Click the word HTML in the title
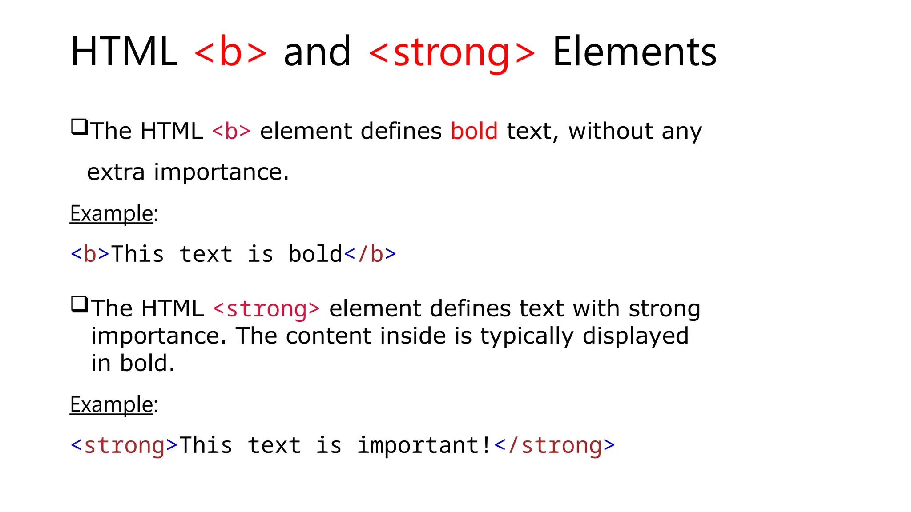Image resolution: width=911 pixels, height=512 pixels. pyautogui.click(x=124, y=52)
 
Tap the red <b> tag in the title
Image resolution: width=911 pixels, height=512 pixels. pyautogui.click(x=230, y=52)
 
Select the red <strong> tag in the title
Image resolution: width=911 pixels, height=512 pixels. pyautogui.click(x=452, y=52)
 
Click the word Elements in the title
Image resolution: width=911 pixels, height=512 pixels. pyautogui.click(x=634, y=52)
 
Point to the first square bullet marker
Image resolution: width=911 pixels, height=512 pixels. pyautogui.click(x=79, y=127)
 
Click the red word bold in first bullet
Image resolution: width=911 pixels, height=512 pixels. pyautogui.click(x=474, y=131)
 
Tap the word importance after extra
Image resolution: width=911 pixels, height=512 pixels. pyautogui.click(x=221, y=172)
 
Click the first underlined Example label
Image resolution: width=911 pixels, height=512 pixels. pyautogui.click(x=112, y=213)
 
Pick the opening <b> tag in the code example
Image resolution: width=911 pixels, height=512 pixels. pyautogui.click(x=90, y=254)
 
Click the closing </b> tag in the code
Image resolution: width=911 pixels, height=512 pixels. pyautogui.click(x=370, y=254)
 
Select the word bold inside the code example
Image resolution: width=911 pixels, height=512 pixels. pyautogui.click(x=315, y=254)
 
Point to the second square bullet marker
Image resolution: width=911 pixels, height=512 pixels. pyautogui.click(x=79, y=304)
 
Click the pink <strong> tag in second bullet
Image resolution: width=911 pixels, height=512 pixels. pyautogui.click(x=266, y=309)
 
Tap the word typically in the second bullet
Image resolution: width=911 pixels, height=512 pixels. pyautogui.click(x=527, y=336)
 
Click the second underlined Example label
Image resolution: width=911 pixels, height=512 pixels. pyautogui.click(x=112, y=404)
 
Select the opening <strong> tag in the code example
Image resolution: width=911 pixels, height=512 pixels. pyautogui.click(x=124, y=445)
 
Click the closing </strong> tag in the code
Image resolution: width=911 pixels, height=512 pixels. pyautogui.click(x=554, y=445)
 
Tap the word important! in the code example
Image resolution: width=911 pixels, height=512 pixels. pyautogui.click(x=424, y=445)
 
